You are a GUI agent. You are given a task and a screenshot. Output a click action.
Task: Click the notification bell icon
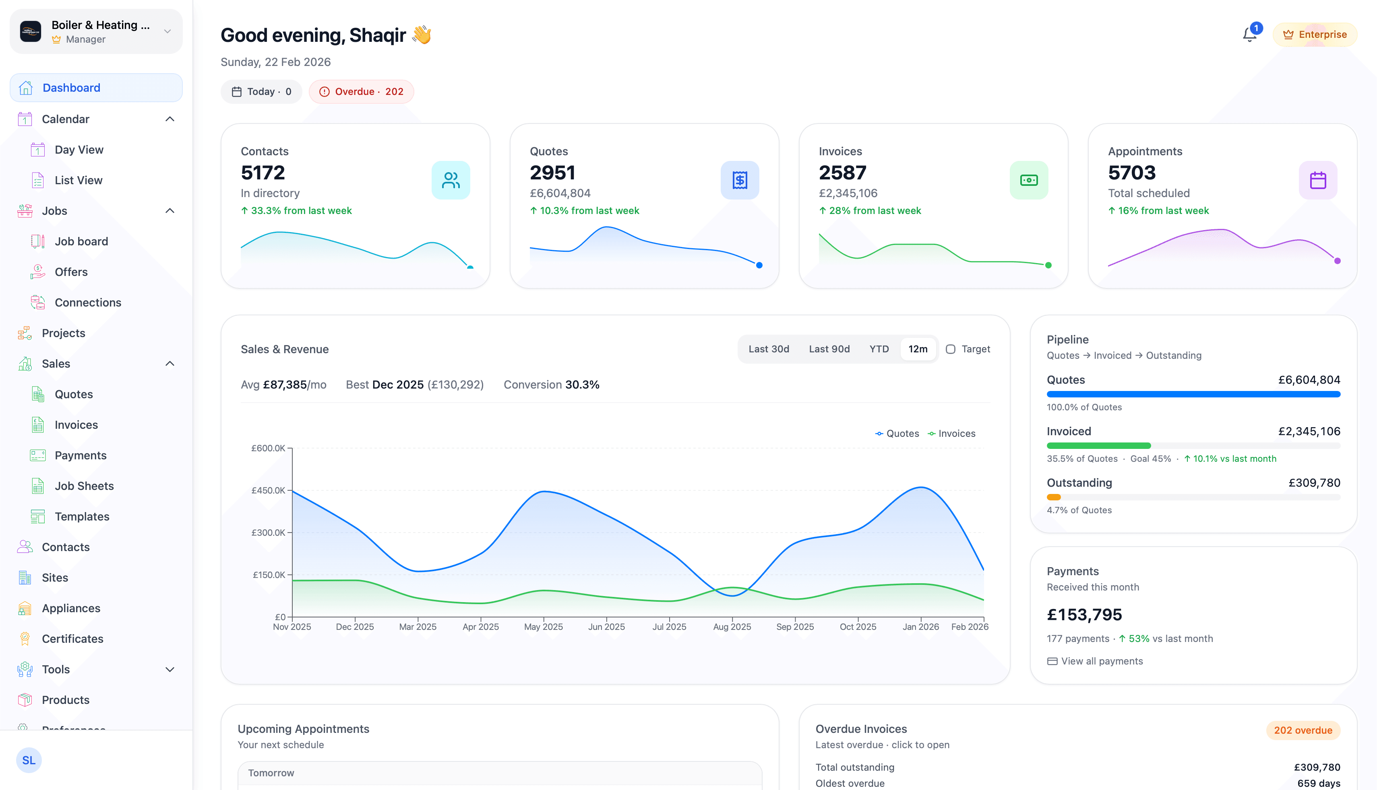click(1249, 35)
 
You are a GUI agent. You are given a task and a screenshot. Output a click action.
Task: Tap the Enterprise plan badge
click(1315, 35)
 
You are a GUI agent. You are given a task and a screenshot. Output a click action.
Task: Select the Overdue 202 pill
click(361, 92)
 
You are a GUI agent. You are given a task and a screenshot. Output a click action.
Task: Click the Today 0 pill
click(261, 92)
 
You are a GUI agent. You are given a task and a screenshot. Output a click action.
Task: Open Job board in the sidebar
click(81, 241)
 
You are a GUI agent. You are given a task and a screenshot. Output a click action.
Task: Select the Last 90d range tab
click(829, 349)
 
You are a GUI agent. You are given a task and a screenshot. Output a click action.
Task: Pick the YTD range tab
click(879, 349)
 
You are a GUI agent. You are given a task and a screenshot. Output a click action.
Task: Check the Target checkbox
click(950, 349)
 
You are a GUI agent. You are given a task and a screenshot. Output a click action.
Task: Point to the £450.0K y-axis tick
click(268, 490)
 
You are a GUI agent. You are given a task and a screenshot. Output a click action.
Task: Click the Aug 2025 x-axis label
click(732, 627)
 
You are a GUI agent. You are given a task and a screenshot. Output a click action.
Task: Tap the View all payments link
click(1101, 661)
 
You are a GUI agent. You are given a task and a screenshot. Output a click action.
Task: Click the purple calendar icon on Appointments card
click(1318, 180)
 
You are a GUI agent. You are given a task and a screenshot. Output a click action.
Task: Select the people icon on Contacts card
click(451, 180)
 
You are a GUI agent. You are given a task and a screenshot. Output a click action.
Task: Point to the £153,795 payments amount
click(1084, 615)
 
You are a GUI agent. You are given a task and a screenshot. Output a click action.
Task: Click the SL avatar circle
click(29, 760)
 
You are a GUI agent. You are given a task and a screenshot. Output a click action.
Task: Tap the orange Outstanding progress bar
click(1053, 497)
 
